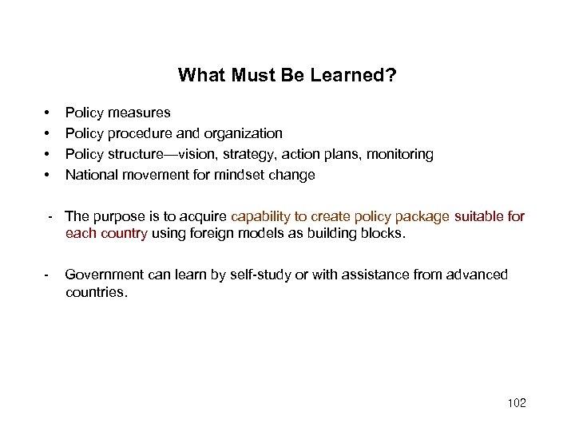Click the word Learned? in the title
pos(357,76)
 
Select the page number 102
pos(517,403)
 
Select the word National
pos(90,175)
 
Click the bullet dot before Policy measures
pos(48,113)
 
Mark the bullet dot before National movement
pos(48,175)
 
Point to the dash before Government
pos(48,275)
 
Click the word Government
pos(104,275)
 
